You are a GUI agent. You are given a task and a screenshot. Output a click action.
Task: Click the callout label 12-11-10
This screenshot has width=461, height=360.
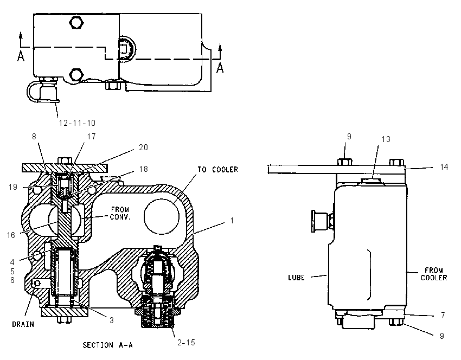77,123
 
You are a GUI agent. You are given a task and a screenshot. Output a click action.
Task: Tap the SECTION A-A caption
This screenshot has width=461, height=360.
107,345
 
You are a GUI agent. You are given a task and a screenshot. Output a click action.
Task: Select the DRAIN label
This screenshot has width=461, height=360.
23,324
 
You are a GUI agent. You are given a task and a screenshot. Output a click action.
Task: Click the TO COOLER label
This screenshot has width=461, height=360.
217,170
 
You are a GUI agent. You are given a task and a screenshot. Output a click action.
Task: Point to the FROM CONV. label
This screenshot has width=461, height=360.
120,214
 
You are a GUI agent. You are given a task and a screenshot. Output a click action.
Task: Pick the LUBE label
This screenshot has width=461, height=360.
296,278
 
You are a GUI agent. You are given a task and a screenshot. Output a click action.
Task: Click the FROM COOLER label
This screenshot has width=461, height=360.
434,274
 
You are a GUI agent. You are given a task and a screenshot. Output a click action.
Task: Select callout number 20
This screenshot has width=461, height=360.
143,147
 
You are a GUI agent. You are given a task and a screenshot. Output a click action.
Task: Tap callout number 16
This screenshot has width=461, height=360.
11,235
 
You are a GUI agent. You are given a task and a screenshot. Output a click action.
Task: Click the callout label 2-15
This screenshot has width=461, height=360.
186,342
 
